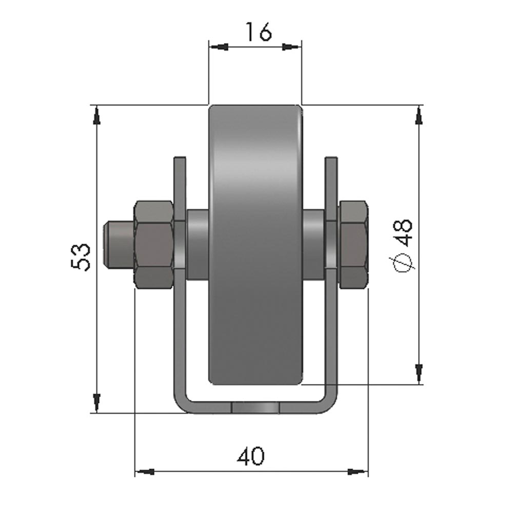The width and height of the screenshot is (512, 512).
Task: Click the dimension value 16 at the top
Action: [x=258, y=32]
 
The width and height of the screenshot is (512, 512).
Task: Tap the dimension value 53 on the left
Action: [x=81, y=257]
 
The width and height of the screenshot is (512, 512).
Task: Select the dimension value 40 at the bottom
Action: [x=251, y=456]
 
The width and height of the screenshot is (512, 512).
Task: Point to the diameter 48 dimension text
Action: [x=403, y=245]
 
